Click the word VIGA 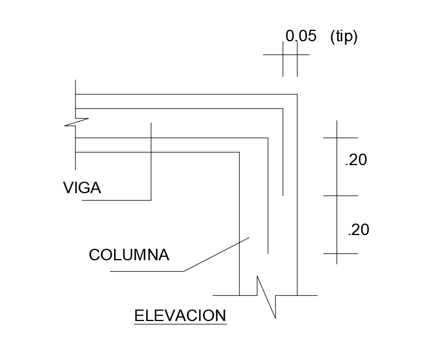click(82, 188)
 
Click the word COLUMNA click(129, 255)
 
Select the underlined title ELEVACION click(180, 316)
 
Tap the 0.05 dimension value click(301, 36)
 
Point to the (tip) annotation click(344, 36)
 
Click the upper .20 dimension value click(356, 161)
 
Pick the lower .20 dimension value click(358, 230)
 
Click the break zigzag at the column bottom click(267, 296)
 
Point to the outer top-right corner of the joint click(297, 94)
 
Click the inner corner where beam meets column click(238, 152)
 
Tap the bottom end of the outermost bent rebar click(283, 195)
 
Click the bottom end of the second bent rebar click(268, 253)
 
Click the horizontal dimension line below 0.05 click(287, 55)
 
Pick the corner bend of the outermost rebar click(283, 108)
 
